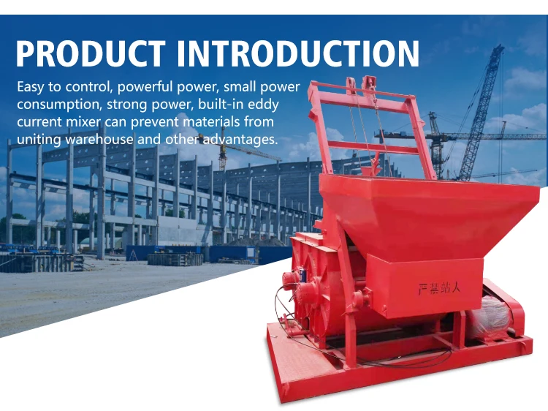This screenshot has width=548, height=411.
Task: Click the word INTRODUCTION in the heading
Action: (298, 53)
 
